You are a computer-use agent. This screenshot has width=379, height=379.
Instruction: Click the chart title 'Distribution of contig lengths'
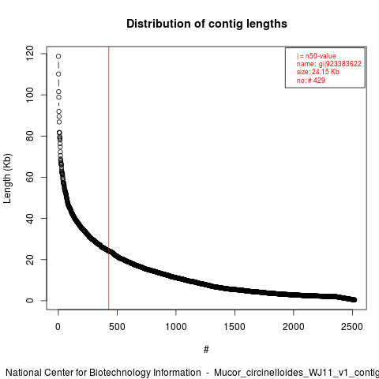(x=207, y=24)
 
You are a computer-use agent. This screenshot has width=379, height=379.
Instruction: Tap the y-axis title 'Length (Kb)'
(x=7, y=178)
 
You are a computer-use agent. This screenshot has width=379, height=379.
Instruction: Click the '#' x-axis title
(x=206, y=350)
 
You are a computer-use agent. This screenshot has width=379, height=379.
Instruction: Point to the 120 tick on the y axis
(x=30, y=54)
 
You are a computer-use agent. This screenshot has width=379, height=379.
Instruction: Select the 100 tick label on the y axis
(x=30, y=95)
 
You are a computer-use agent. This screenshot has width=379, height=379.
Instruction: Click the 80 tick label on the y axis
(x=30, y=136)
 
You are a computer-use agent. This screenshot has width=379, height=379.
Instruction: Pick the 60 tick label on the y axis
(x=30, y=177)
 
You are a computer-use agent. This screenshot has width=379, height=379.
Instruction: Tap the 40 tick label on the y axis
(x=30, y=218)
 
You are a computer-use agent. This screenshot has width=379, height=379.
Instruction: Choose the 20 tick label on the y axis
(x=30, y=260)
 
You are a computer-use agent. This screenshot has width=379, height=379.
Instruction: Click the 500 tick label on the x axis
(x=117, y=327)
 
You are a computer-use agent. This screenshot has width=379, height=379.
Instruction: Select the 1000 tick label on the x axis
(x=176, y=327)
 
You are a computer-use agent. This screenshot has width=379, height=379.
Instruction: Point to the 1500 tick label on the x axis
(x=235, y=327)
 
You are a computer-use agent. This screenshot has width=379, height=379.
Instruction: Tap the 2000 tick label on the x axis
(x=293, y=327)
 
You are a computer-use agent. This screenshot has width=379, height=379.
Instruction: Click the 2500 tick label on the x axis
(x=352, y=327)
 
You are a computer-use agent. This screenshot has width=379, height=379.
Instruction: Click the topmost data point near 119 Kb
(x=58, y=56)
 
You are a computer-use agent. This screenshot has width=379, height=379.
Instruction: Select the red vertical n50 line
(x=108, y=178)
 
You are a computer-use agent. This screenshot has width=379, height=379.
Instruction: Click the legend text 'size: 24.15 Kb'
(x=318, y=72)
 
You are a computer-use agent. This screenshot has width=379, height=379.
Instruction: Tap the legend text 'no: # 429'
(x=311, y=80)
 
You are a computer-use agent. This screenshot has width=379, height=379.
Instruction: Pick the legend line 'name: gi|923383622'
(x=329, y=64)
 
